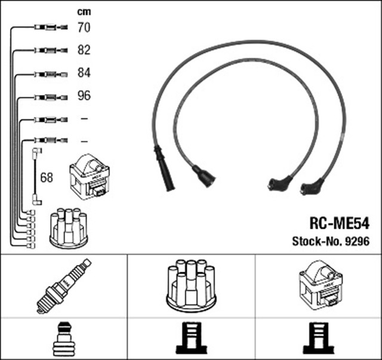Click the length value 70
pyautogui.click(x=84, y=27)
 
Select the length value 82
pyautogui.click(x=84, y=50)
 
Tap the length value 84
pyautogui.click(x=84, y=73)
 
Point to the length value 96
pyautogui.click(x=84, y=96)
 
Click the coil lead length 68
pyautogui.click(x=47, y=177)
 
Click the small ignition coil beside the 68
pyautogui.click(x=89, y=177)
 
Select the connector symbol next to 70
pyautogui.click(x=47, y=27)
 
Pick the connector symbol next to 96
pyautogui.click(x=47, y=97)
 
